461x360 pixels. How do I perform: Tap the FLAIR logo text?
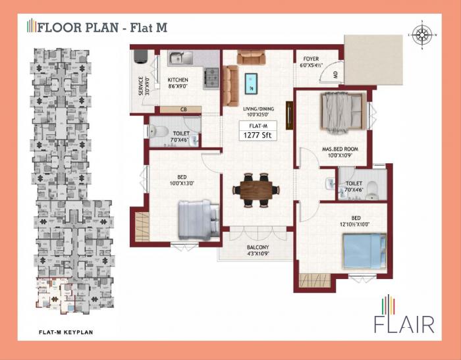tap(404, 324)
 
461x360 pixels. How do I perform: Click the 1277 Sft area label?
tap(258, 136)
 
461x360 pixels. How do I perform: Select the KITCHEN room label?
tap(177, 82)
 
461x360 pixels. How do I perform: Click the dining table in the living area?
tap(254, 190)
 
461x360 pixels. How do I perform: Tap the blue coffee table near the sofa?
tap(251, 84)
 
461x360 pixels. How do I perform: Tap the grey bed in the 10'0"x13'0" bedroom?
tap(198, 219)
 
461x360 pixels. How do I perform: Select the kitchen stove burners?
tap(211, 78)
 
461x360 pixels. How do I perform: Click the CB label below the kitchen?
tap(184, 109)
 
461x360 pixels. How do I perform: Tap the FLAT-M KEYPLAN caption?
tap(65, 332)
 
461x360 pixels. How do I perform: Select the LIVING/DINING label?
tap(258, 112)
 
